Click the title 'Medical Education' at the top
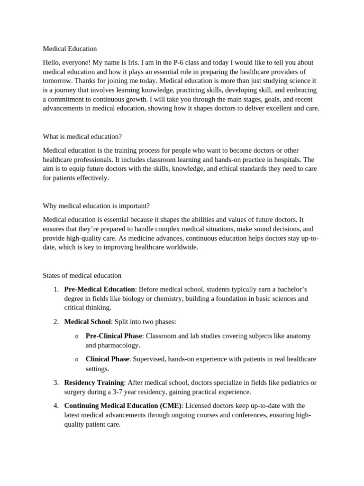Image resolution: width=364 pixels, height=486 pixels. click(70, 49)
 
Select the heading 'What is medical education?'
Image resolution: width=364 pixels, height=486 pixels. click(82, 137)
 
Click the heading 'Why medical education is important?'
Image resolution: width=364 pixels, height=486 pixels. click(96, 206)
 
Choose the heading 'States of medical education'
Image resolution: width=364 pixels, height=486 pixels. click(82, 275)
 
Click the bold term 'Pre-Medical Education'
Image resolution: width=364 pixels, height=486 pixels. click(100, 290)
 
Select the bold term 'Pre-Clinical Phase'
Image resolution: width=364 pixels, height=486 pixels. click(114, 336)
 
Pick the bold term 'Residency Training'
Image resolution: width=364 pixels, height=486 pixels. click(94, 383)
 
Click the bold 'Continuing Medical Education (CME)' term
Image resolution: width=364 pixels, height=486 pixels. click(123, 406)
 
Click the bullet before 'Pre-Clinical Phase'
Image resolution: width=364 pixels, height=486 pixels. click(76, 336)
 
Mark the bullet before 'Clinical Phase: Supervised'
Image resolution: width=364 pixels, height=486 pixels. click(76, 360)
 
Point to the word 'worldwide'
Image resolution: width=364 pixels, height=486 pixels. click(182, 248)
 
